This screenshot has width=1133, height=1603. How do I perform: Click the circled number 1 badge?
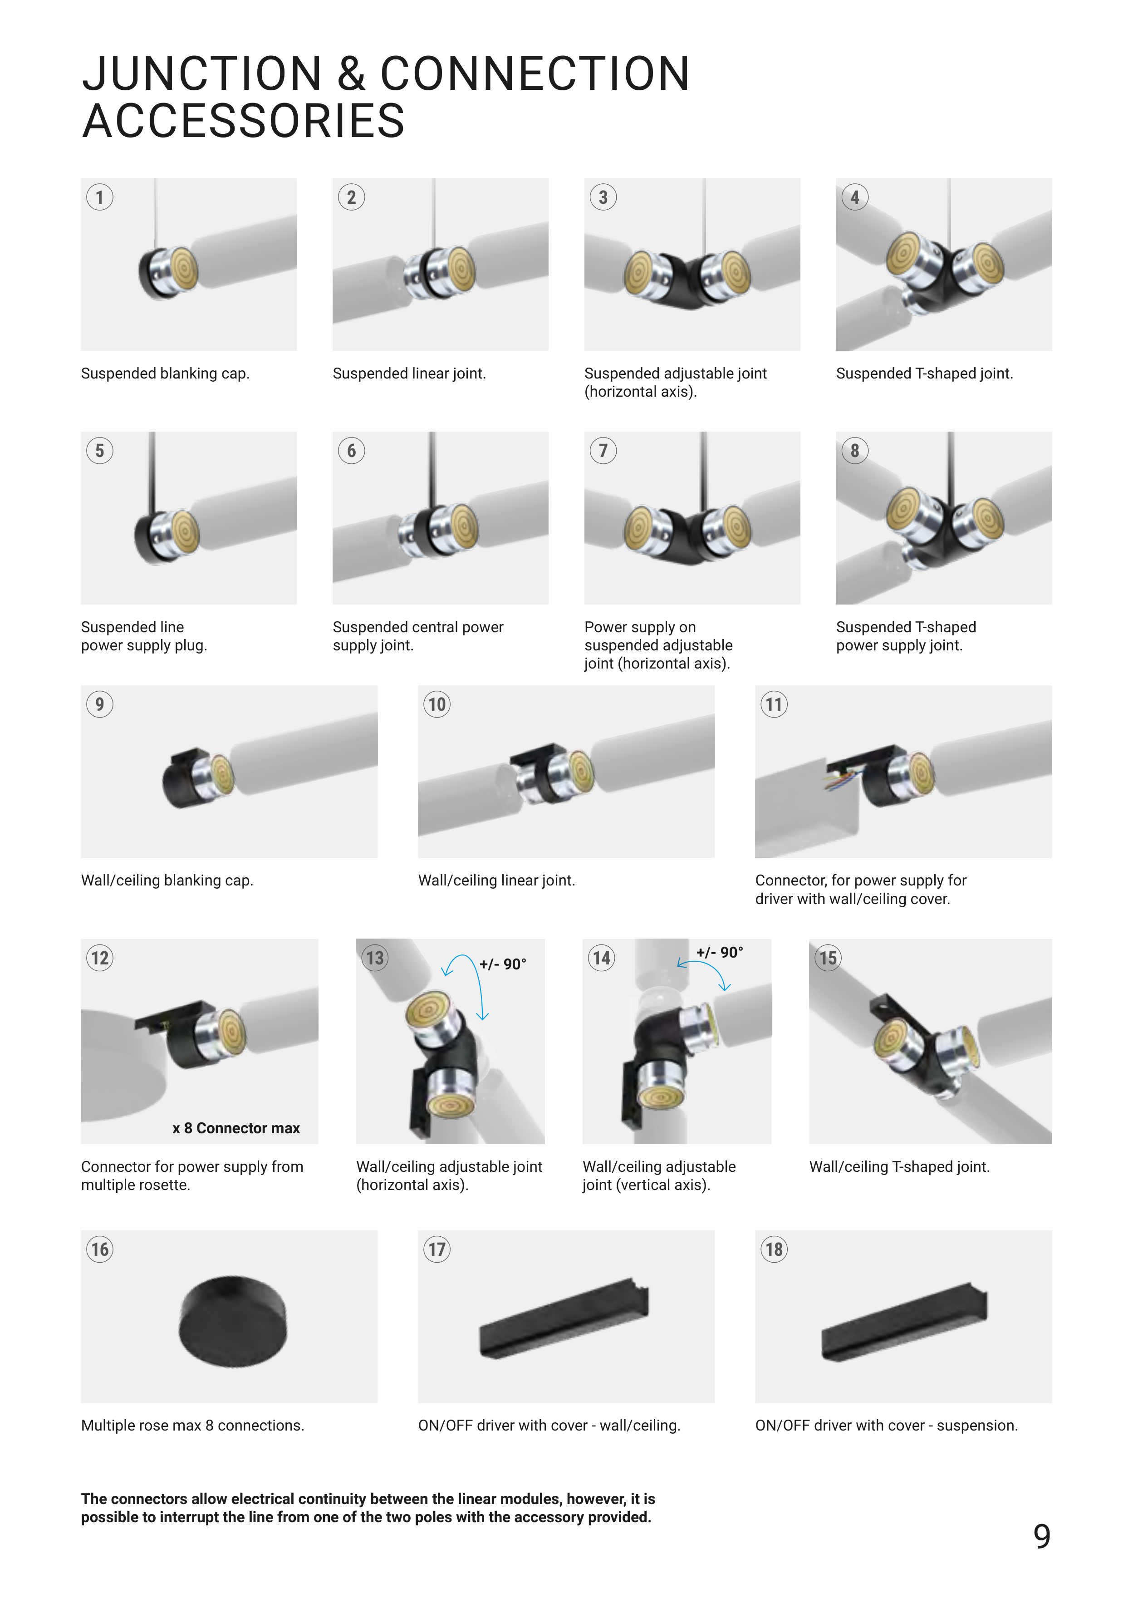(x=100, y=197)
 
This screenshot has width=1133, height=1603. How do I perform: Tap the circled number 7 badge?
(x=603, y=451)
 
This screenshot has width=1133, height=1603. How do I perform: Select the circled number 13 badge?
(x=375, y=958)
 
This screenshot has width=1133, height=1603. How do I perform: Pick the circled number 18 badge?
(x=774, y=1250)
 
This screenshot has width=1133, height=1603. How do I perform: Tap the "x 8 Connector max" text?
(x=236, y=1128)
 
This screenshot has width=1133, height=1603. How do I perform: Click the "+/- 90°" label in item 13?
(x=503, y=964)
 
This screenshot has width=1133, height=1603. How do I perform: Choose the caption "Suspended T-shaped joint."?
(x=924, y=374)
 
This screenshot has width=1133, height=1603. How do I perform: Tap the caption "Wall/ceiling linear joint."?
(x=496, y=880)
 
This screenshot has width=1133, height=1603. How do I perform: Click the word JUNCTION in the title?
(x=202, y=74)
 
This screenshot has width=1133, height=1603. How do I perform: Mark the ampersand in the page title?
(x=351, y=74)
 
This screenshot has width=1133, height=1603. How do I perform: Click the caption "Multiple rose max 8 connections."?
(x=193, y=1426)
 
